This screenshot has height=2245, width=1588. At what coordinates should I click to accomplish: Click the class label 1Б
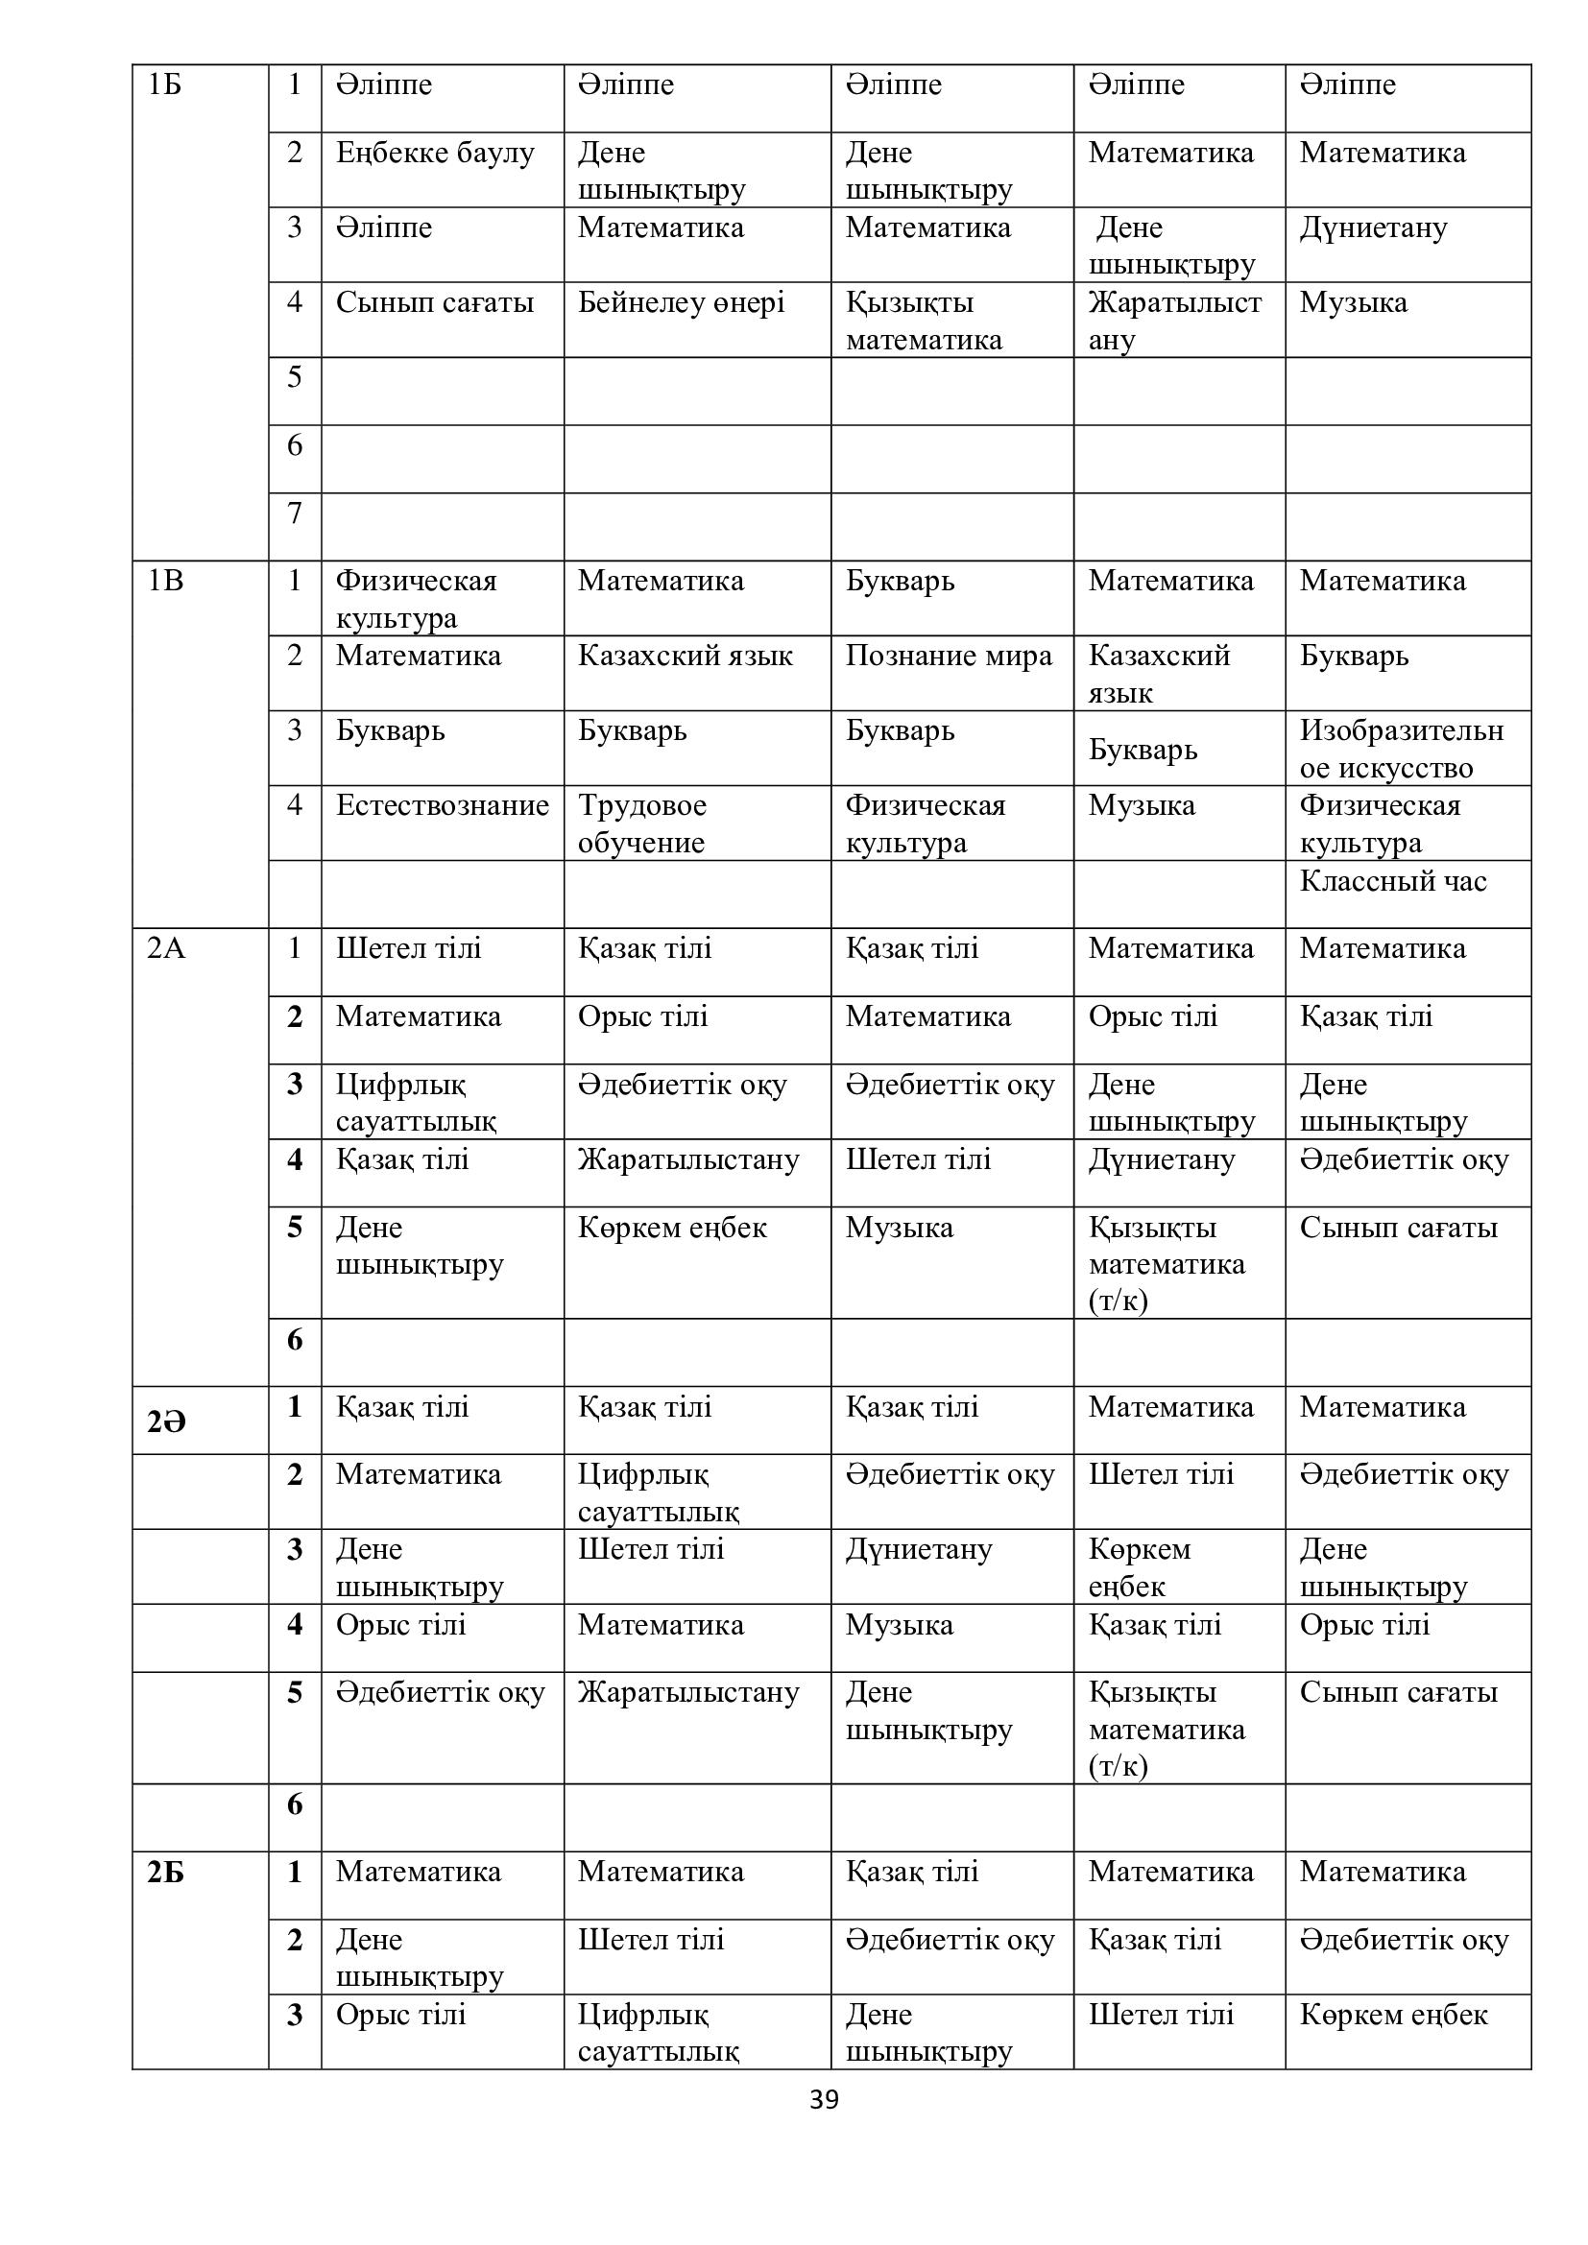(164, 85)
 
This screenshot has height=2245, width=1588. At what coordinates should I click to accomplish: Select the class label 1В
(164, 581)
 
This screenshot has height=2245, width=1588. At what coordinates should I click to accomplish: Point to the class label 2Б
(165, 1873)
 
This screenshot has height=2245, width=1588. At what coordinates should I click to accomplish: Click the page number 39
(824, 2100)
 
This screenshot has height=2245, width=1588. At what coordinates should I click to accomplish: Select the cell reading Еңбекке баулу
(435, 154)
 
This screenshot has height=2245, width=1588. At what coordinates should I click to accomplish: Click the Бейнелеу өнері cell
(681, 303)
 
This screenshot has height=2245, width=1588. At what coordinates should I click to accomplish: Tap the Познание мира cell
(949, 657)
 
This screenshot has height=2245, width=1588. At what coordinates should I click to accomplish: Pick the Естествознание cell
(442, 805)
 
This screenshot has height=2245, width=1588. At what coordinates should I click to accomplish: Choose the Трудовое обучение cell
(642, 824)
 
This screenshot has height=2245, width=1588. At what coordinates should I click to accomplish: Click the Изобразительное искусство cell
(1400, 749)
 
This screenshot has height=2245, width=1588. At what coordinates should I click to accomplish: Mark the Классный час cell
(1392, 882)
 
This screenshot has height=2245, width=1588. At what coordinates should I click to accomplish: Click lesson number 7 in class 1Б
(295, 513)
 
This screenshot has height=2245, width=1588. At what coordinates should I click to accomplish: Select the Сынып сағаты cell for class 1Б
(435, 303)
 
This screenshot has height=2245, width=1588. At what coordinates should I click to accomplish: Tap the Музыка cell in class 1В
(1142, 805)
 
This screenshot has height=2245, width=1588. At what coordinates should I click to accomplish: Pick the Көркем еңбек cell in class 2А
(672, 1229)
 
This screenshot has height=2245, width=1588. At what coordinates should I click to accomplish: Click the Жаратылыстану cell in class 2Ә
(688, 1692)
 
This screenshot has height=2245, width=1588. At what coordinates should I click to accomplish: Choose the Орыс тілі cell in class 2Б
(401, 2016)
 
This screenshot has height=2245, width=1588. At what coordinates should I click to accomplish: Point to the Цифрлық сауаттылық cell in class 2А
(416, 1103)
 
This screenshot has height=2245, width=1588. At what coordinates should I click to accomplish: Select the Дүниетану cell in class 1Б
(1373, 228)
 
